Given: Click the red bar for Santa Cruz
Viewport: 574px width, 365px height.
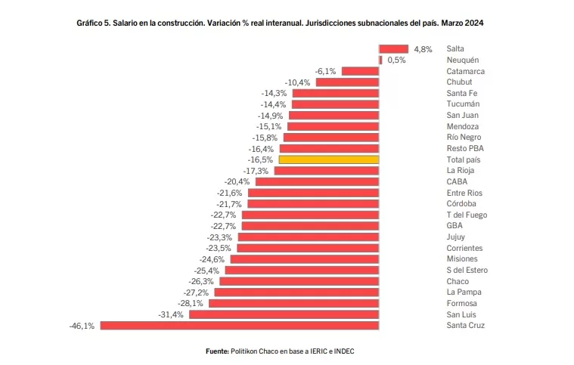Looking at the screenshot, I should (239, 326).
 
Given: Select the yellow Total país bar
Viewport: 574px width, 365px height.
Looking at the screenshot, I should (329, 159).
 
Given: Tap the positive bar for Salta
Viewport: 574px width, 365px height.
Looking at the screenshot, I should (393, 48).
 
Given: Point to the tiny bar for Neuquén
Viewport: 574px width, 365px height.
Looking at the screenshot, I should (380, 60).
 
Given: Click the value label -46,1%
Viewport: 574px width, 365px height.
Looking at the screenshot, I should (82, 326).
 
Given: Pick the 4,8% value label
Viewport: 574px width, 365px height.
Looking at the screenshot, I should (423, 49).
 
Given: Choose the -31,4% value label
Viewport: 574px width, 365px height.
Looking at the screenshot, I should (171, 314).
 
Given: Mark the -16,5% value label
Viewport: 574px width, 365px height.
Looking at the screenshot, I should (260, 159).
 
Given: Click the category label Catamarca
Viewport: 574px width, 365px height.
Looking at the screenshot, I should (465, 71).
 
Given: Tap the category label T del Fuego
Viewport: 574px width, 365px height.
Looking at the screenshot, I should (467, 215).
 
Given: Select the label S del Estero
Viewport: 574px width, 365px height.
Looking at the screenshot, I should (467, 271).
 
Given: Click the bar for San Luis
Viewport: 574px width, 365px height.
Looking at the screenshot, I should (284, 314).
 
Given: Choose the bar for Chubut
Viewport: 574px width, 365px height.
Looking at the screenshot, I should (347, 82).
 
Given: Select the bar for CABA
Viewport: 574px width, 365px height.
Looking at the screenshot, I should (317, 181).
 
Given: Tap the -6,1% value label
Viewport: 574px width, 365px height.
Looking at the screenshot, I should (325, 71).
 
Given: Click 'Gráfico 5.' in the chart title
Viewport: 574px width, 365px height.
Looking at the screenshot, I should (95, 23).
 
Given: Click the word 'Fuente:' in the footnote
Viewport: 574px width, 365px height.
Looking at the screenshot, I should (218, 351).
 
